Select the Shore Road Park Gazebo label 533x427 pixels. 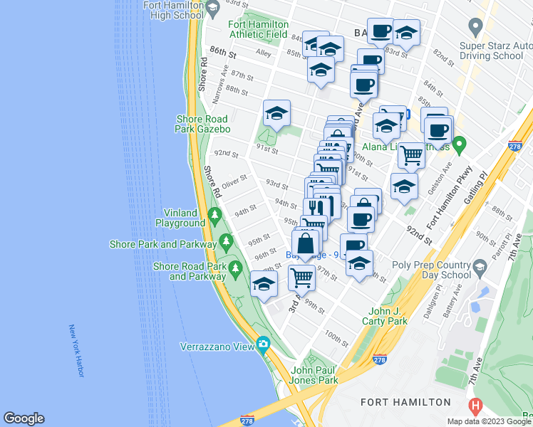[x=202, y=124]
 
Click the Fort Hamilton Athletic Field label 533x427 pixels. [x=258, y=28]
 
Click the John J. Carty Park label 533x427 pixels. [x=388, y=316]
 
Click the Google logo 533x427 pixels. [x=24, y=418]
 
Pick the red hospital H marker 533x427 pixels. [x=475, y=406]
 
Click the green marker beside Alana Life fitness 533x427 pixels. [x=460, y=147]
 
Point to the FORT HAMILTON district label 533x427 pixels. [x=405, y=402]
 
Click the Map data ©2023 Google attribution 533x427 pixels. [x=490, y=421]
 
